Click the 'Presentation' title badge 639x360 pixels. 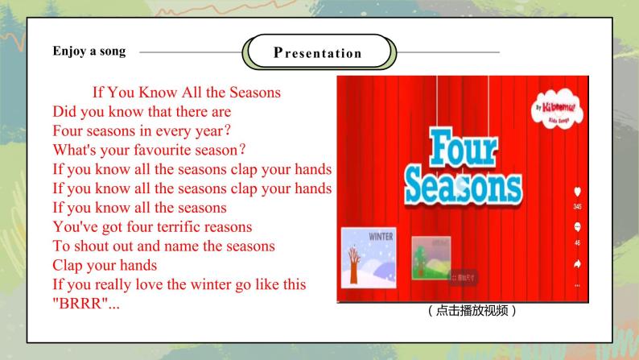pyautogui.click(x=319, y=53)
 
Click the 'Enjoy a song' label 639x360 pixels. pyautogui.click(x=89, y=51)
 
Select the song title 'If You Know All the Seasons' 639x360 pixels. pyautogui.click(x=187, y=93)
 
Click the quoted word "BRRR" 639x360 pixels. pyautogui.click(x=80, y=304)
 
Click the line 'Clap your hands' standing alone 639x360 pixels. pyautogui.click(x=105, y=266)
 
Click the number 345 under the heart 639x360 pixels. pyautogui.click(x=577, y=207)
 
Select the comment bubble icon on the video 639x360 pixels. pyautogui.click(x=577, y=228)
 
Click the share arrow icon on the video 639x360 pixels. pyautogui.click(x=577, y=263)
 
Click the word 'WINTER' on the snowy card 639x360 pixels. pyautogui.click(x=381, y=237)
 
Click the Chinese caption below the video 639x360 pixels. pyautogui.click(x=472, y=311)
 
